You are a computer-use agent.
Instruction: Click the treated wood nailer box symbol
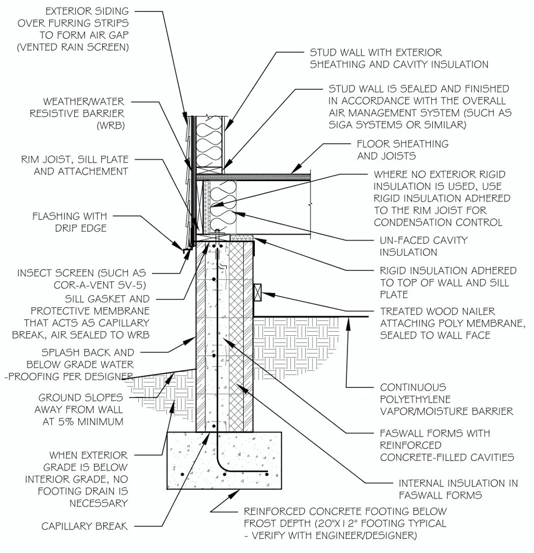pos(259,292)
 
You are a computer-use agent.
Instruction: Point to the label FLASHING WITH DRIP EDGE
pos(69,222)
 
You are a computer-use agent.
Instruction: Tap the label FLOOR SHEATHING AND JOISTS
pos(402,149)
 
